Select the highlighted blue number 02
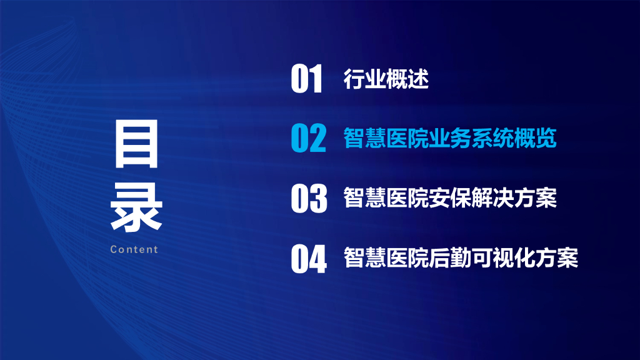pos(309,139)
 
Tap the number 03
pos(309,198)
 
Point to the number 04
pos(309,259)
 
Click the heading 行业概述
pos(386,79)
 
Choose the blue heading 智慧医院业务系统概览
pos(449,139)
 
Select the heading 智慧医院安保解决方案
pos(449,198)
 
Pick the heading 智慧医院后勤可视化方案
pos(460,257)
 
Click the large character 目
pos(136,146)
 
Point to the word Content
pos(134,249)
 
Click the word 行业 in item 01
pos(364,79)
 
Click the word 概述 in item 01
pos(407,79)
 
